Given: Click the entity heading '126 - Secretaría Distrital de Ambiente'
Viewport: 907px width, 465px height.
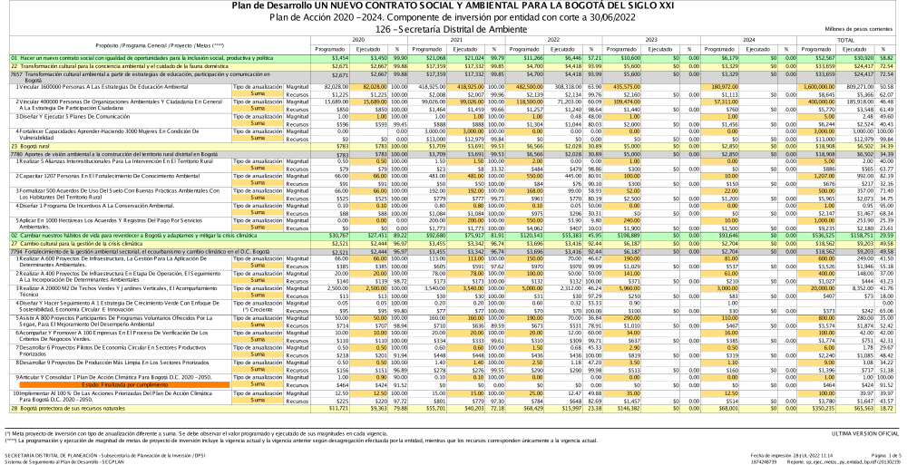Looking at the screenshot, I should click(453, 30).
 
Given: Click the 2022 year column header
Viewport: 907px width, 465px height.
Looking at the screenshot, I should click(554, 40).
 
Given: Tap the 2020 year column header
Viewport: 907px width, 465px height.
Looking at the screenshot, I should click(358, 40).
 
